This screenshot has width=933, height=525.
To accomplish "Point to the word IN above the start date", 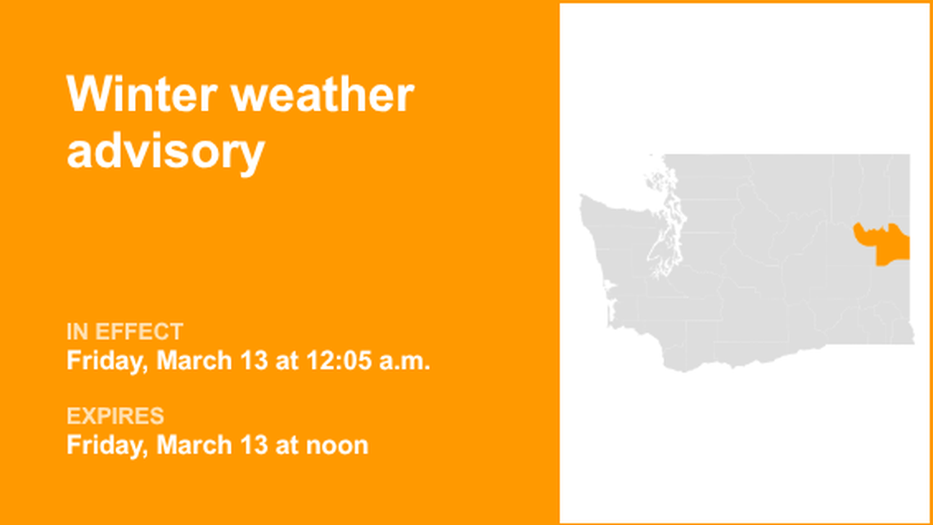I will (78, 332).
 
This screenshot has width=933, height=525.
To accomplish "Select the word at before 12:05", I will (286, 360).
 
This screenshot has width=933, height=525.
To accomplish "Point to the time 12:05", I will (336, 360).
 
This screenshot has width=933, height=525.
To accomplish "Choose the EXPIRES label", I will (115, 416).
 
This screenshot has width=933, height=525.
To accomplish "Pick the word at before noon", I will (286, 445).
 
